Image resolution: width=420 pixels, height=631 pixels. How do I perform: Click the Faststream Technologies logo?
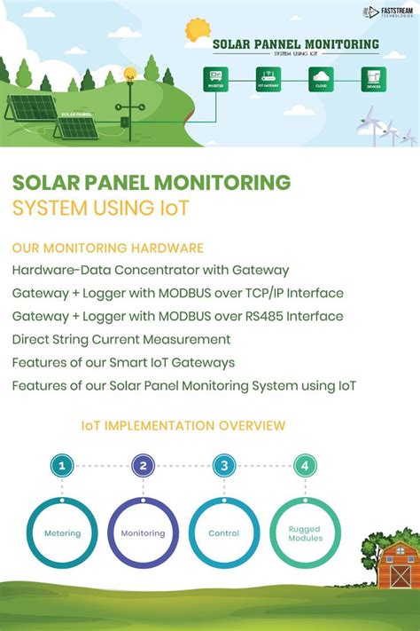pos(388,12)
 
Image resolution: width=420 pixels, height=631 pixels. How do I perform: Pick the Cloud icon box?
pos(321,79)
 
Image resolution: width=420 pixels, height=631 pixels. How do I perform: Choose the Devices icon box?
pos(373,79)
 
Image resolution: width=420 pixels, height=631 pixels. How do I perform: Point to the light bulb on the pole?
pos(129,75)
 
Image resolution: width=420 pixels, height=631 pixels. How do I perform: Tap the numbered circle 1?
pos(60,465)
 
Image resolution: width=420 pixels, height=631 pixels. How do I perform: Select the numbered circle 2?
pos(142,465)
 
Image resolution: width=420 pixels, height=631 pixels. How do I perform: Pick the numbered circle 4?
pos(305,465)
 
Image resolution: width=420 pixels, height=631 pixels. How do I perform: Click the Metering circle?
pos(63,532)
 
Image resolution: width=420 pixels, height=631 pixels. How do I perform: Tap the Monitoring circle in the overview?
pos(143,532)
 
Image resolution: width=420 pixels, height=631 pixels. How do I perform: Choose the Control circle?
pos(224,532)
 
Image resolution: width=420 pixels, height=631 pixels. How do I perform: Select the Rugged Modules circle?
pos(305,532)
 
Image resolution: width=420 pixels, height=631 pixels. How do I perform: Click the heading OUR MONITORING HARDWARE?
pos(108,247)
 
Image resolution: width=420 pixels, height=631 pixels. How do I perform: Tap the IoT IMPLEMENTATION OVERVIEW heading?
pos(183,426)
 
